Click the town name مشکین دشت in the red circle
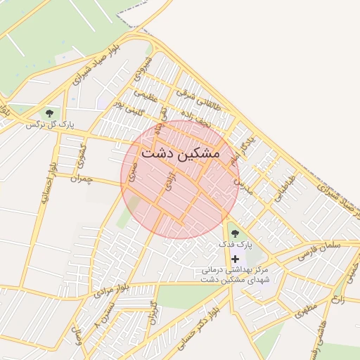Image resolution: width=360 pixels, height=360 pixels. [180, 152]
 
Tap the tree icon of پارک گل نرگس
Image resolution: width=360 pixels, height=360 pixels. [49, 112]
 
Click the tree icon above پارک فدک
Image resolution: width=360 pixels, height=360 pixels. [235, 233]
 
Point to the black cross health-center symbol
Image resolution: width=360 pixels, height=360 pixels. [235, 259]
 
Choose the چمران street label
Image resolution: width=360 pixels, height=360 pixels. [82, 179]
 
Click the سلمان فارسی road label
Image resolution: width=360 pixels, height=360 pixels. [319, 250]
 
